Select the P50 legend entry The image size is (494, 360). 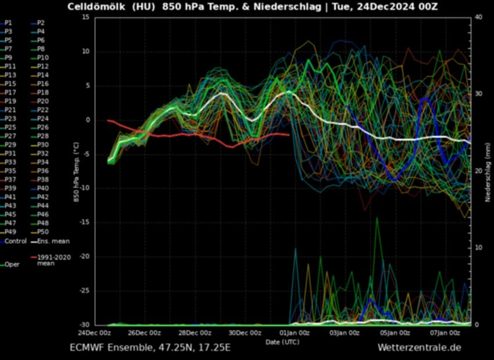coord(42,232)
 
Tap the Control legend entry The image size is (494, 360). coord(15,241)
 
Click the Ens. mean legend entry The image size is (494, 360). coord(49,241)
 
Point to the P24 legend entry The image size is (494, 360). coord(42,118)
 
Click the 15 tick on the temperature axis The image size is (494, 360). coord(85,17)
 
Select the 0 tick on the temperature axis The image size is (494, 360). coord(87,120)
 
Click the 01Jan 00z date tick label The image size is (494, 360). coord(295,333)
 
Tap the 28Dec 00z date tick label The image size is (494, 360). coord(195,333)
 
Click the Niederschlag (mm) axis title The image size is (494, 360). coord(488,171)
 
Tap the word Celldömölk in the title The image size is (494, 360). coord(95,7)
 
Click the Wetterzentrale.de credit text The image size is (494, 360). coord(419,348)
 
